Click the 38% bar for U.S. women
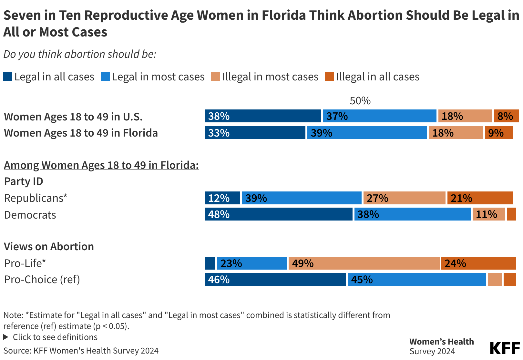263,116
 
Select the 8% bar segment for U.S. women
506,116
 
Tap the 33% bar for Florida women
255,133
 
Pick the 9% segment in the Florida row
498,133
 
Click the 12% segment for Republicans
222,198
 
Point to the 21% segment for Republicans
480,198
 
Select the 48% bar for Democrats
279,214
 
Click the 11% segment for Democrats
488,214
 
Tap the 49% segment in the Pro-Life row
364,263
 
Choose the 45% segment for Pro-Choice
417,280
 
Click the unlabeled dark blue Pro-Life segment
210,263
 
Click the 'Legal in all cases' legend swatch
8,77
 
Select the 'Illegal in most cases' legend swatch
216,77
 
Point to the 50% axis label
360,101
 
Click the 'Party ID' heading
24,181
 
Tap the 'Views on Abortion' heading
49,247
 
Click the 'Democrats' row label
30,215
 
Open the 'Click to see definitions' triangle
6,337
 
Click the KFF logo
505,348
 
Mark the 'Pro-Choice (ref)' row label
42,280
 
